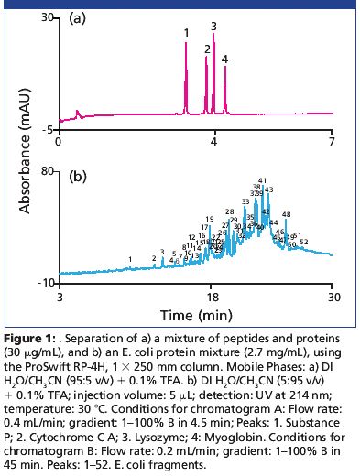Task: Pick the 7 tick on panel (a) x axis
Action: [333, 142]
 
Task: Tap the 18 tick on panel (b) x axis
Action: [213, 297]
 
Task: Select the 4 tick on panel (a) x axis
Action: [214, 142]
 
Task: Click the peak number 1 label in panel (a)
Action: [186, 33]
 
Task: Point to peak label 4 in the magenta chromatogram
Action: [224, 59]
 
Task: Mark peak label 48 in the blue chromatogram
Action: [286, 214]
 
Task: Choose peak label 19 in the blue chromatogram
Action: [210, 220]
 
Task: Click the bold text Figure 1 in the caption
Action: [29, 331]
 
